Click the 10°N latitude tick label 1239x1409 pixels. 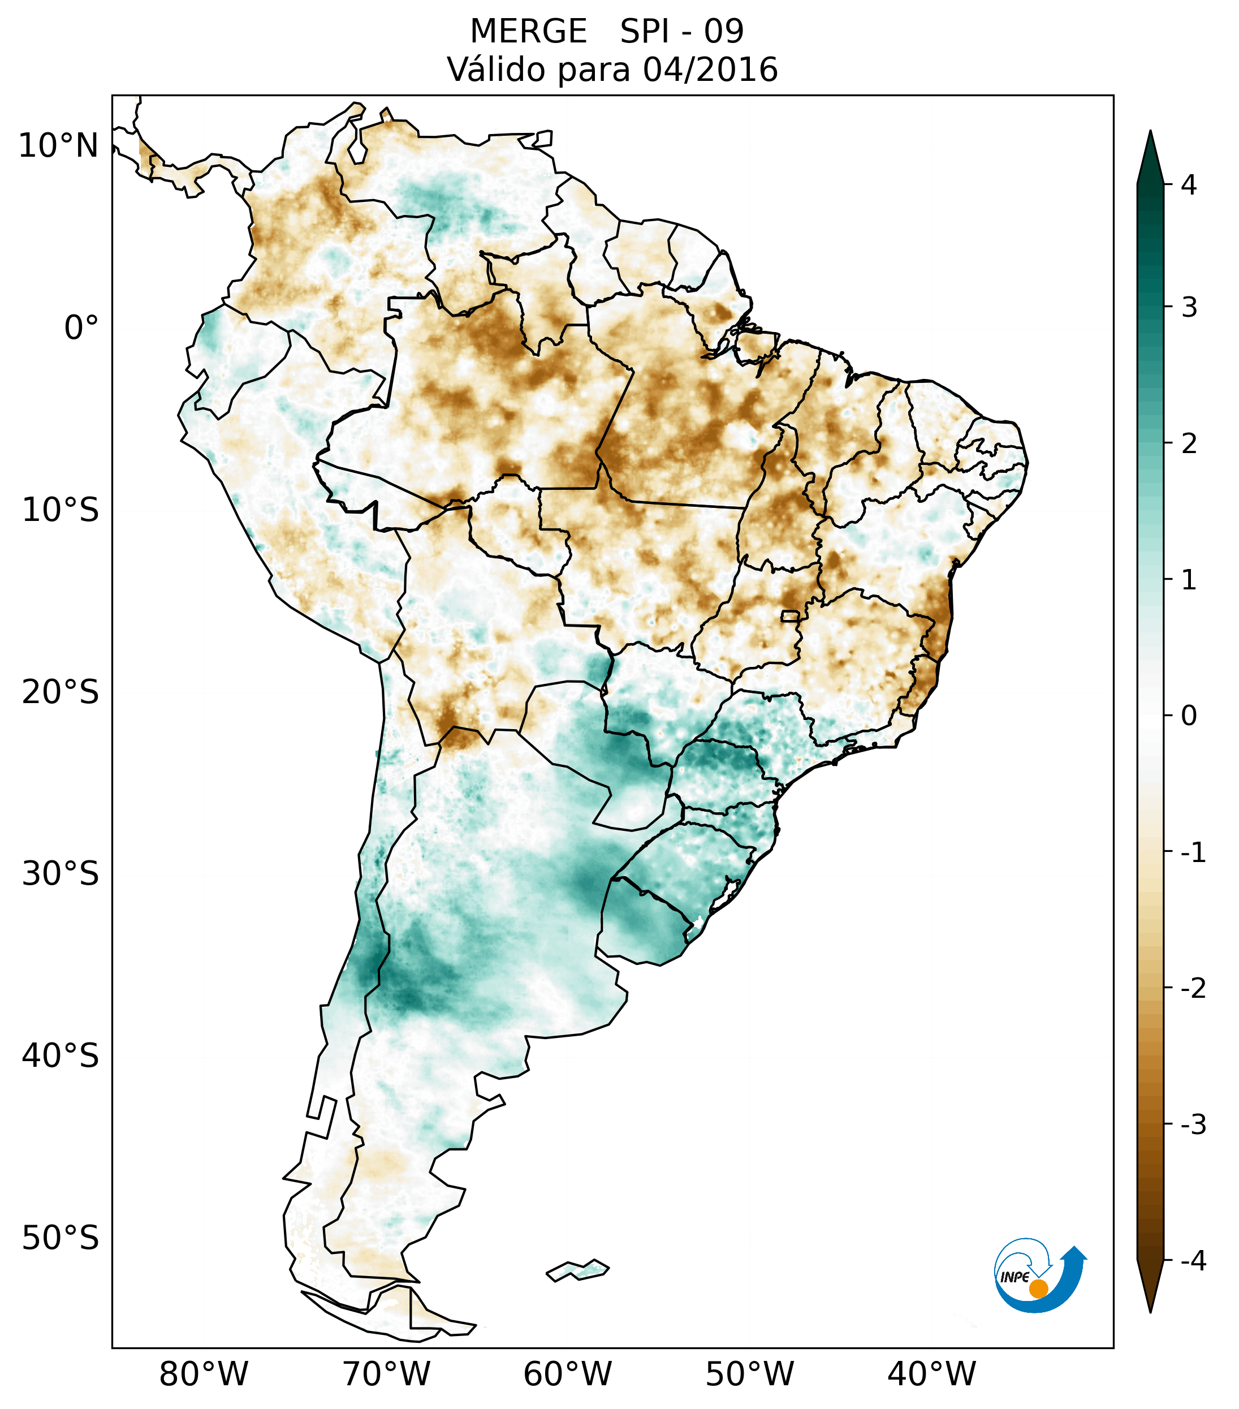coord(58,146)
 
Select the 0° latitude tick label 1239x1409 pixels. coord(81,328)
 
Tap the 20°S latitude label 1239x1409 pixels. coord(61,692)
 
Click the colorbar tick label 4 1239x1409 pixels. coord(1189,185)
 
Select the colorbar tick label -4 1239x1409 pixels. coord(1193,1261)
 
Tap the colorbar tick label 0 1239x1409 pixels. coord(1189,716)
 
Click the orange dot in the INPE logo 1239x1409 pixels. coord(1038,1289)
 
